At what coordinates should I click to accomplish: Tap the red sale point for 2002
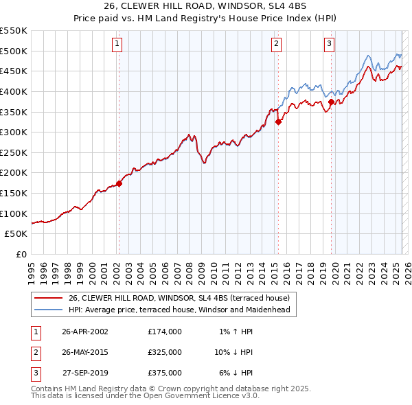119,183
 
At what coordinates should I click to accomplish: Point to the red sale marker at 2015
278,122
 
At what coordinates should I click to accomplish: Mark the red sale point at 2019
331,102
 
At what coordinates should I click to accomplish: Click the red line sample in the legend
48,298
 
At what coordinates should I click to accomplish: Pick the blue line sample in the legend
48,310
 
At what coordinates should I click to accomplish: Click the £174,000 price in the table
165,332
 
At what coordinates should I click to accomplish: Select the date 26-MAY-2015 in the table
85,352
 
